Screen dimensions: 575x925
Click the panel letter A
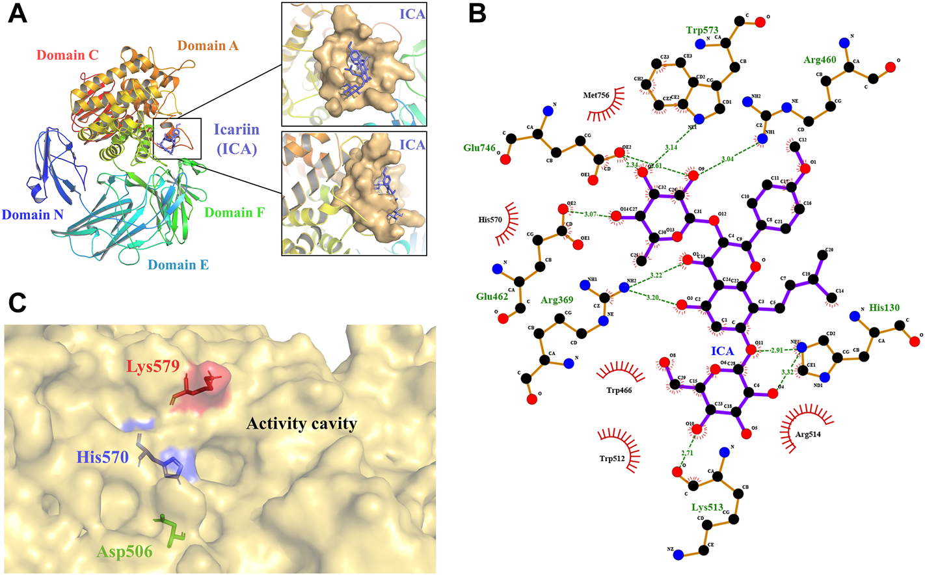(x=18, y=13)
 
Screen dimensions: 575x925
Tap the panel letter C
(x=18, y=302)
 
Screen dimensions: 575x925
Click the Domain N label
(x=33, y=215)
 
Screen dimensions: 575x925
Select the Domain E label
(x=178, y=265)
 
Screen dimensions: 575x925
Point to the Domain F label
(x=234, y=213)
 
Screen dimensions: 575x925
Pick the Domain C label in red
(x=68, y=55)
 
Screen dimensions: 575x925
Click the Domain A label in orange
(x=208, y=46)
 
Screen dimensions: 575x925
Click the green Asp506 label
(x=125, y=552)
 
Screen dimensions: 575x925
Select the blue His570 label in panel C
(x=103, y=457)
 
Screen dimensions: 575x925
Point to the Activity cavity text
(x=302, y=424)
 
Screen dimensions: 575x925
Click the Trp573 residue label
(x=702, y=31)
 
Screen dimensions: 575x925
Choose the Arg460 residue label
(x=820, y=60)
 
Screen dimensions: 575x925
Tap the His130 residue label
(x=885, y=307)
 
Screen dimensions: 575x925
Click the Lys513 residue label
(x=708, y=507)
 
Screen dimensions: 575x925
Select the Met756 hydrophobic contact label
(x=596, y=95)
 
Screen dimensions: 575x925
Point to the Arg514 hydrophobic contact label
(x=807, y=434)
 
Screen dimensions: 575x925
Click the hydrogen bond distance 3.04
(x=727, y=158)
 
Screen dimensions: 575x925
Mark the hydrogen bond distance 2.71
(x=687, y=453)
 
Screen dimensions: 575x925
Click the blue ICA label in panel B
(x=722, y=351)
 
